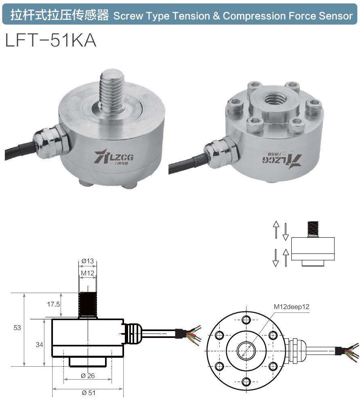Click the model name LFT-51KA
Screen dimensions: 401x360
pos(51,40)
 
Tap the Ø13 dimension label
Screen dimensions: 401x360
pos(87,261)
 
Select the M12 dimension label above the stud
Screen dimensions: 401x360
pos(87,274)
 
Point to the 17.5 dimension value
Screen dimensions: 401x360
pos(53,304)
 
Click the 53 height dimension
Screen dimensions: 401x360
pos(17,328)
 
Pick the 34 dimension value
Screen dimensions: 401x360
pos(39,344)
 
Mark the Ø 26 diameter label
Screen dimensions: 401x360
pos(88,376)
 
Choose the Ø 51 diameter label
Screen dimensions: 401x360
pos(88,393)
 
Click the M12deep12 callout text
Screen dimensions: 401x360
pos(291,306)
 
